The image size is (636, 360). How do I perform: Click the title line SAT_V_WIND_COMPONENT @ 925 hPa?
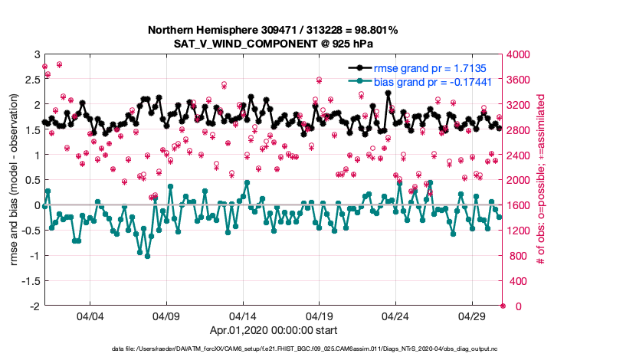point(274,44)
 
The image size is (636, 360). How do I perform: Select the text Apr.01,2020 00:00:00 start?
point(274,331)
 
